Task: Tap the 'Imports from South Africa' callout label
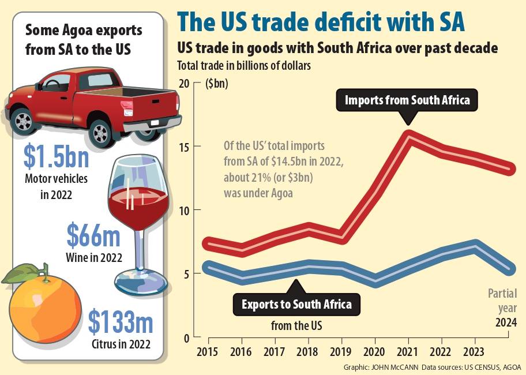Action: [407, 100]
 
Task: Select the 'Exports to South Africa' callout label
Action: [296, 304]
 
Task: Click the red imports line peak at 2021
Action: [408, 136]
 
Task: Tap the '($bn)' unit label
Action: [217, 84]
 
